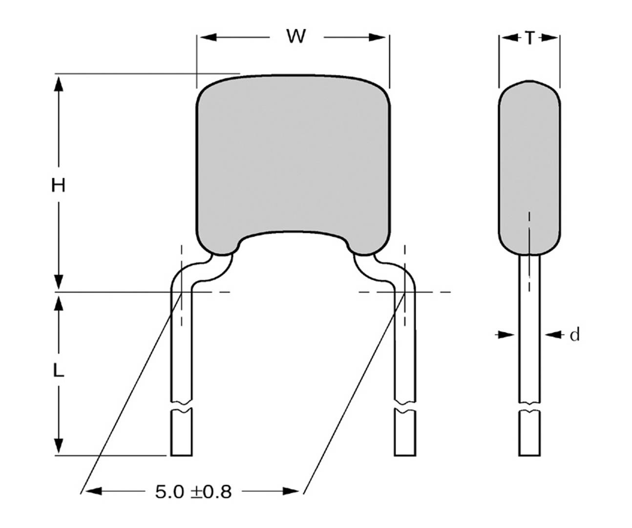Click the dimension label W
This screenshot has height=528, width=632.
[296, 37]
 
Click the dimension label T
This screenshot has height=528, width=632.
[529, 38]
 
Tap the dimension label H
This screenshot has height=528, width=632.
[58, 185]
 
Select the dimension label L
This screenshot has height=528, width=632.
[58, 371]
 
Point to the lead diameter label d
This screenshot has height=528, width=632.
[574, 335]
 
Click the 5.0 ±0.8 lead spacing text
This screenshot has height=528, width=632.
[193, 492]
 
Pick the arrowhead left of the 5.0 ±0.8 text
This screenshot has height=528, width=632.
[93, 491]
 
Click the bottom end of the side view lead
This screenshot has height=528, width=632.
[529, 454]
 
